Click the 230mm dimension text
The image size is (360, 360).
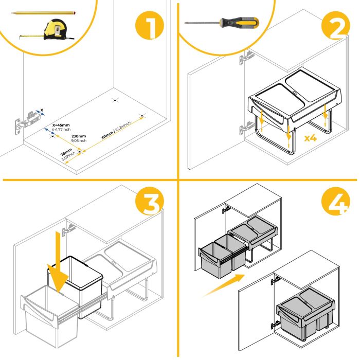[78, 136]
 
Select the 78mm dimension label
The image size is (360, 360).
[66, 151]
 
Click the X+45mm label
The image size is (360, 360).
[61, 125]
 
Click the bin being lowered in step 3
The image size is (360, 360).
[76, 285]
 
